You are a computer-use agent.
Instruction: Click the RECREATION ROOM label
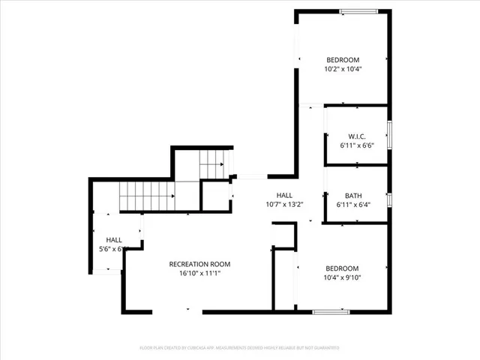pyautogui.click(x=199, y=264)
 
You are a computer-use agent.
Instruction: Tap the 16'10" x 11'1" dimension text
pyautogui.click(x=199, y=274)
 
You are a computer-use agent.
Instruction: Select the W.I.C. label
pyautogui.click(x=355, y=136)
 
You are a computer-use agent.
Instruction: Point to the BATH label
pyautogui.click(x=354, y=196)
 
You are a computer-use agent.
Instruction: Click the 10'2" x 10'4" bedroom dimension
pyautogui.click(x=343, y=70)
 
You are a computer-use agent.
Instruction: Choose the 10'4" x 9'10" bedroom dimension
pyautogui.click(x=342, y=278)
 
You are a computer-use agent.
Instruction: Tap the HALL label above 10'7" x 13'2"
pyautogui.click(x=284, y=195)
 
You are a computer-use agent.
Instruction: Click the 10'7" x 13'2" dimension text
pyautogui.click(x=284, y=204)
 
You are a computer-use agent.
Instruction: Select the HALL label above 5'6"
pyautogui.click(x=114, y=239)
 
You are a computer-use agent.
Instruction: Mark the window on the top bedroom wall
pyautogui.click(x=359, y=11)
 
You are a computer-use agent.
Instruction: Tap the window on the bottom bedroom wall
pyautogui.click(x=332, y=311)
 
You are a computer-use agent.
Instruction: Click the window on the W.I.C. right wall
pyautogui.click(x=389, y=136)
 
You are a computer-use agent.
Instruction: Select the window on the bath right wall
pyautogui.click(x=389, y=199)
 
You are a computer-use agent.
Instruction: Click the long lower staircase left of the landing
pyautogui.click(x=147, y=196)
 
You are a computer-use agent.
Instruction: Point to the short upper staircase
pyautogui.click(x=212, y=162)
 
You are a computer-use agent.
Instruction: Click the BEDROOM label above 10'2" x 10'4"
pyautogui.click(x=343, y=60)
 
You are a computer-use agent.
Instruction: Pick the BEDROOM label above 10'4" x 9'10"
pyautogui.click(x=342, y=268)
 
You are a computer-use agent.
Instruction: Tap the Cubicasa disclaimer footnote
pyautogui.click(x=240, y=348)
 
